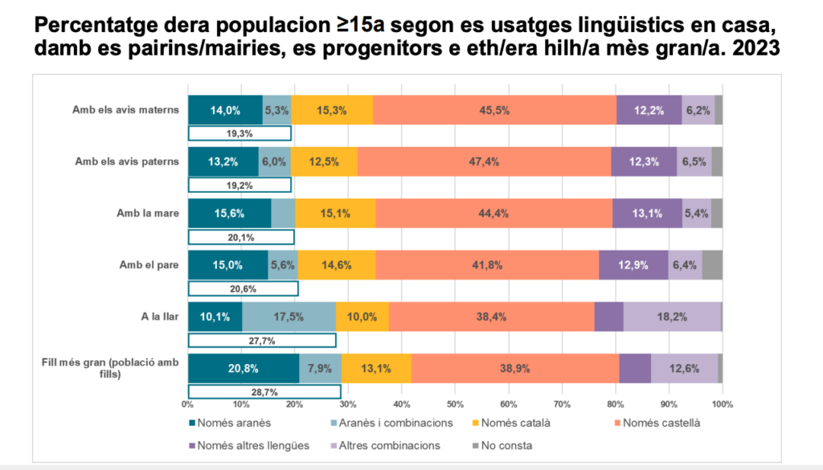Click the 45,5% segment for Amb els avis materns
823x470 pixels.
(494, 110)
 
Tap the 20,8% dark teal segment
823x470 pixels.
(243, 369)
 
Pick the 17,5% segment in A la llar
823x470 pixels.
(289, 317)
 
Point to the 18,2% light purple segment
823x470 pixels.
(672, 317)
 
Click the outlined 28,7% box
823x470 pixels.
(264, 392)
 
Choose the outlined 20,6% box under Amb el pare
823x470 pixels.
(243, 288)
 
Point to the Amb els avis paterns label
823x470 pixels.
(127, 161)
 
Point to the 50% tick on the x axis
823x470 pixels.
(455, 403)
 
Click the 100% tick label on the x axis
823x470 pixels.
(722, 403)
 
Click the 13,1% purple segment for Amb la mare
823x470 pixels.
(647, 213)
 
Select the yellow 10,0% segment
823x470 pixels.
(362, 317)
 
